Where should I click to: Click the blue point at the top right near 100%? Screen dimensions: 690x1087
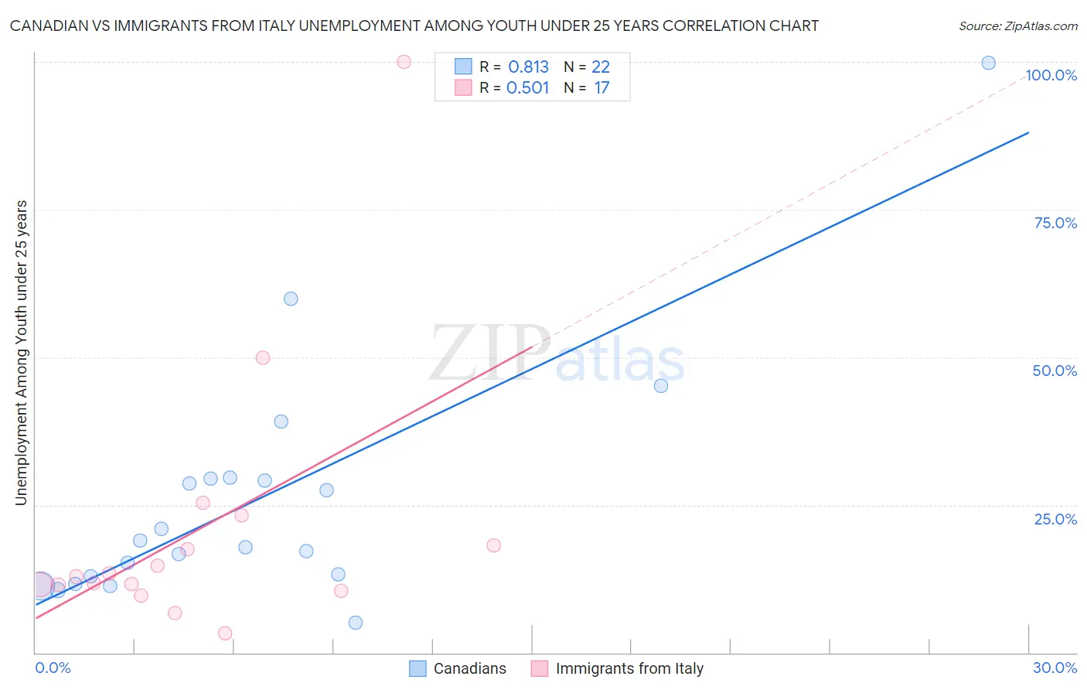[988, 63]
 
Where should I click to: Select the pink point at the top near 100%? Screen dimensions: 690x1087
[404, 62]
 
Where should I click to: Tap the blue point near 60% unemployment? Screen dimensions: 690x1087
[291, 299]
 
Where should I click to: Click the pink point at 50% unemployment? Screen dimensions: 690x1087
[263, 357]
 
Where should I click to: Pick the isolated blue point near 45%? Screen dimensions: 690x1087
[661, 385]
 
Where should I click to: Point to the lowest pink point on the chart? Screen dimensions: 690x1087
[225, 633]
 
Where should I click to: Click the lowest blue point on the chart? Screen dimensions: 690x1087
[356, 623]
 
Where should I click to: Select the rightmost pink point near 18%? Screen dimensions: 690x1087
[494, 545]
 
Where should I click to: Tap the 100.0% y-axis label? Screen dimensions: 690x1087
[1051, 75]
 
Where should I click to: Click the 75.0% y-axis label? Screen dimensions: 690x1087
[1055, 223]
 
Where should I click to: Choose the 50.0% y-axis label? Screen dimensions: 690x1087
[1055, 371]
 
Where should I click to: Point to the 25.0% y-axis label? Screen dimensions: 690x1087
[1055, 519]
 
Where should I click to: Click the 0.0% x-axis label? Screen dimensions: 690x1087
[53, 668]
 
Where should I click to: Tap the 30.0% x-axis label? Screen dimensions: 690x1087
[1055, 668]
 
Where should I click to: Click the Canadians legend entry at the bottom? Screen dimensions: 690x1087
[458, 668]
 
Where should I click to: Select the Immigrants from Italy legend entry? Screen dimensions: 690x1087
[618, 668]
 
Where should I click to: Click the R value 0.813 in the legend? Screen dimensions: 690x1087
[528, 67]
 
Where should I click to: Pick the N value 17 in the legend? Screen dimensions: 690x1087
[601, 88]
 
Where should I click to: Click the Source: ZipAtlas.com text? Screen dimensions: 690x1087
[1017, 26]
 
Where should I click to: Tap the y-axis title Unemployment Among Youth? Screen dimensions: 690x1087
[21, 353]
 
